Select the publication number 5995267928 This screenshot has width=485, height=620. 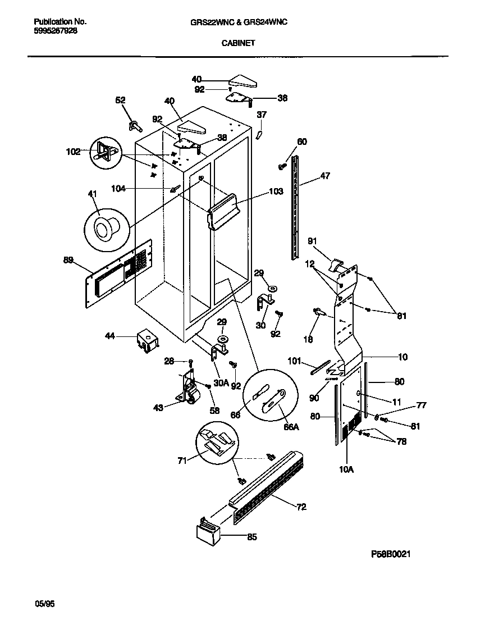[56, 31]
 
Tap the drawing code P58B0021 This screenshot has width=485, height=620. [391, 554]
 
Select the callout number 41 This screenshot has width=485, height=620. [92, 194]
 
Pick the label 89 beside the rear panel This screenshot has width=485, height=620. [68, 259]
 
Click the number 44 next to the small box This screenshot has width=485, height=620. [110, 336]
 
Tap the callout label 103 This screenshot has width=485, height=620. [276, 192]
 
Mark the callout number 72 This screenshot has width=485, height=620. [301, 507]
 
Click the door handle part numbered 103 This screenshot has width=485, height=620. [225, 211]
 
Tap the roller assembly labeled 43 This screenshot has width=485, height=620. [190, 389]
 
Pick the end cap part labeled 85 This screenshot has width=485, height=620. [207, 532]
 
